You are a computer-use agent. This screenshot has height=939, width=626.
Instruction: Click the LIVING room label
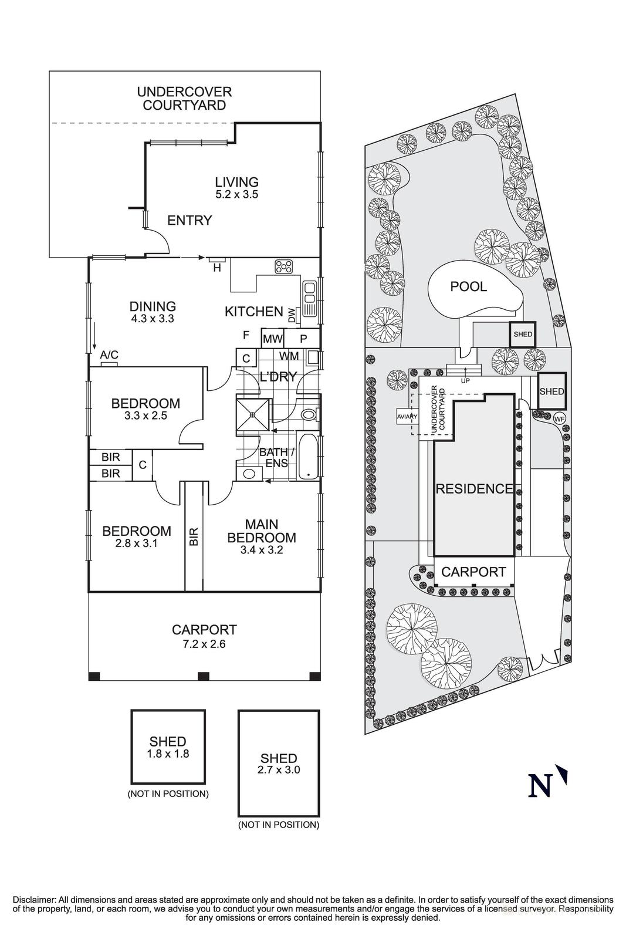pyautogui.click(x=236, y=182)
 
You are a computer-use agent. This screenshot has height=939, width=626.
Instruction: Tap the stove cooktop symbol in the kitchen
pyautogui.click(x=284, y=266)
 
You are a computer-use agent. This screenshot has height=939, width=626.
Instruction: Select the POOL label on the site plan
pyautogui.click(x=468, y=286)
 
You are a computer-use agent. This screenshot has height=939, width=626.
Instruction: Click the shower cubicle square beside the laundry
pyautogui.click(x=253, y=414)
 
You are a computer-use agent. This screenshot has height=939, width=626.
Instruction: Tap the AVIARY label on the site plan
pyautogui.click(x=407, y=417)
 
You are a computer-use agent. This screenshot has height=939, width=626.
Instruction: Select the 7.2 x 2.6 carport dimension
pyautogui.click(x=204, y=644)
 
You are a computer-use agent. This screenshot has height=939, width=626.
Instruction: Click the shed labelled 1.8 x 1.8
pyautogui.click(x=168, y=747)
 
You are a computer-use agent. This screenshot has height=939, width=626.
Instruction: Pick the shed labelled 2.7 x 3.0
pyautogui.click(x=279, y=763)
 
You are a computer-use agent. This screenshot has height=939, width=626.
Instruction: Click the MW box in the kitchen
pyautogui.click(x=272, y=339)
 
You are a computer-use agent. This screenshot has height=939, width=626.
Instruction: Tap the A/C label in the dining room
pyautogui.click(x=109, y=355)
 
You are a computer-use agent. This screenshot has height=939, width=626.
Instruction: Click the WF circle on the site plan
pyautogui.click(x=559, y=418)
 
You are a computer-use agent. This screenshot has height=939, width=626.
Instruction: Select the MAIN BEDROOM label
pyautogui.click(x=262, y=531)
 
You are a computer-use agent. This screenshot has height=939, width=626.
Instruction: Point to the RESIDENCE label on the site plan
pyautogui.click(x=474, y=488)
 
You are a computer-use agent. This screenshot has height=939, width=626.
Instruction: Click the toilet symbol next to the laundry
pyautogui.click(x=307, y=414)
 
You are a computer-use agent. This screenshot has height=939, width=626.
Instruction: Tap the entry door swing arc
pyautogui.click(x=160, y=239)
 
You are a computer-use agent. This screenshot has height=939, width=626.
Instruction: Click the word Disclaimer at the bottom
pyautogui.click(x=33, y=899)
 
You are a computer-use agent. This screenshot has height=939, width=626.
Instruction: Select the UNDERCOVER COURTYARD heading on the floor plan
pyautogui.click(x=184, y=99)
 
